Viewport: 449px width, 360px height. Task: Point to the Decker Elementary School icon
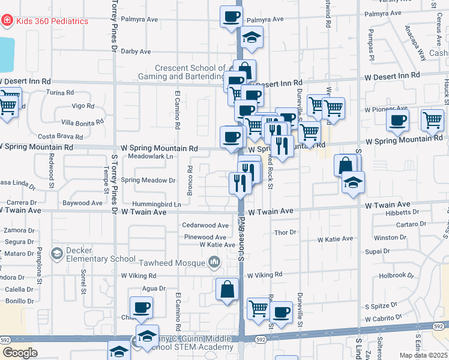tap(56, 254)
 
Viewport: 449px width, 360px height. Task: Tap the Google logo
tap(20, 353)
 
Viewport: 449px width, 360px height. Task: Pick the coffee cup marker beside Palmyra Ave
tap(231, 17)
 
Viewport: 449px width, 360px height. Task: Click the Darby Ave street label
tap(136, 52)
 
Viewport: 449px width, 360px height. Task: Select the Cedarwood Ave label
tap(206, 226)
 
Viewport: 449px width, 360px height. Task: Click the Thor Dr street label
tap(285, 232)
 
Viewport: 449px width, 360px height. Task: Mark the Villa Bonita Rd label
tap(82, 122)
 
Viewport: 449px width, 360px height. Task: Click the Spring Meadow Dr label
tap(148, 180)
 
